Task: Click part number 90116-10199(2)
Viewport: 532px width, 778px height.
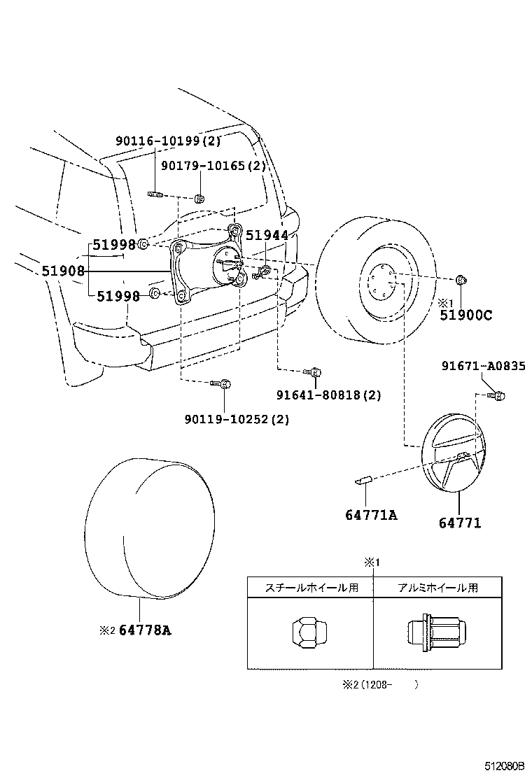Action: click(169, 141)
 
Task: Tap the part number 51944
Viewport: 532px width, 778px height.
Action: click(267, 236)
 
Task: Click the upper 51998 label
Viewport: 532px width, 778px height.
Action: click(115, 244)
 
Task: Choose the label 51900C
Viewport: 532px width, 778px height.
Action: click(465, 316)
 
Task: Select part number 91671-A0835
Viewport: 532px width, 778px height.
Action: click(483, 367)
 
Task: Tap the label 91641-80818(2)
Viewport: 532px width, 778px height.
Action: click(328, 395)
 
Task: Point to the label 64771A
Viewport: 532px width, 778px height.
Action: click(371, 515)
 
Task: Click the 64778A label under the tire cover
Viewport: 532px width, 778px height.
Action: click(145, 630)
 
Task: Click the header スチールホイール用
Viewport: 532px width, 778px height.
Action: click(311, 588)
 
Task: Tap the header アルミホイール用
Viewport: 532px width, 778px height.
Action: click(438, 588)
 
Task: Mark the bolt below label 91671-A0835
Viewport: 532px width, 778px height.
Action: click(498, 397)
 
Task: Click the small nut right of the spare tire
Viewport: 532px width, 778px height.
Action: click(460, 281)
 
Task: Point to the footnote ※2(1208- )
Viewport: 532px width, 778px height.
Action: click(379, 685)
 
